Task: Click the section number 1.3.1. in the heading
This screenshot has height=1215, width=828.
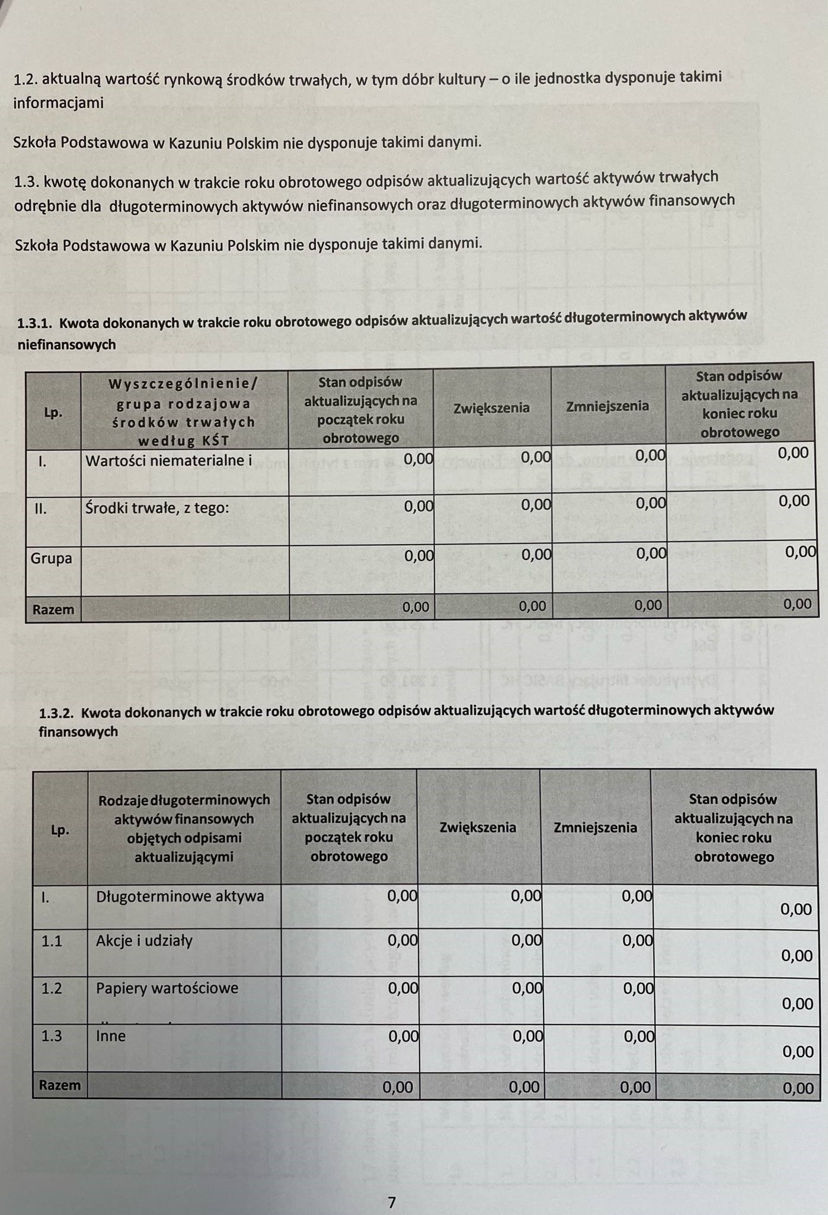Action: (35, 323)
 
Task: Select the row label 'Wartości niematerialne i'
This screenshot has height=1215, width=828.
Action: (168, 460)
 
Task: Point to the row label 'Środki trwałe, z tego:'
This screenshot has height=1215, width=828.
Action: (156, 508)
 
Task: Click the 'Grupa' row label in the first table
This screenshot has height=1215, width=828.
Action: (51, 558)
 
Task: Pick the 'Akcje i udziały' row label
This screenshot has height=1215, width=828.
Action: (144, 940)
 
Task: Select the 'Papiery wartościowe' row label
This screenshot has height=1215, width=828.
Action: (167, 988)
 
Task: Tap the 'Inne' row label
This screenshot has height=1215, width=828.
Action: (111, 1036)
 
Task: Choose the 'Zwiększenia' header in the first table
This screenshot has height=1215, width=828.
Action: (491, 408)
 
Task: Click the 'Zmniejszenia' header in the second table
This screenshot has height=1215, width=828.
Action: (595, 828)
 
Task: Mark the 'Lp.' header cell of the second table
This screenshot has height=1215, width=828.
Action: (60, 830)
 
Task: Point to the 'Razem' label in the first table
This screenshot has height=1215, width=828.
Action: (53, 609)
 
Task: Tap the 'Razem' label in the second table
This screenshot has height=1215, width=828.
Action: (59, 1085)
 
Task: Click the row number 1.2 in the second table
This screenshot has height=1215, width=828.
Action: (52, 988)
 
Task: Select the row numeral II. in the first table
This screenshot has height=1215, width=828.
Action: (40, 508)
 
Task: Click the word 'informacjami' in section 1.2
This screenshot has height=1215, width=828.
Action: (58, 103)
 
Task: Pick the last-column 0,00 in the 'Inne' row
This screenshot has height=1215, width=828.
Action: (798, 1052)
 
